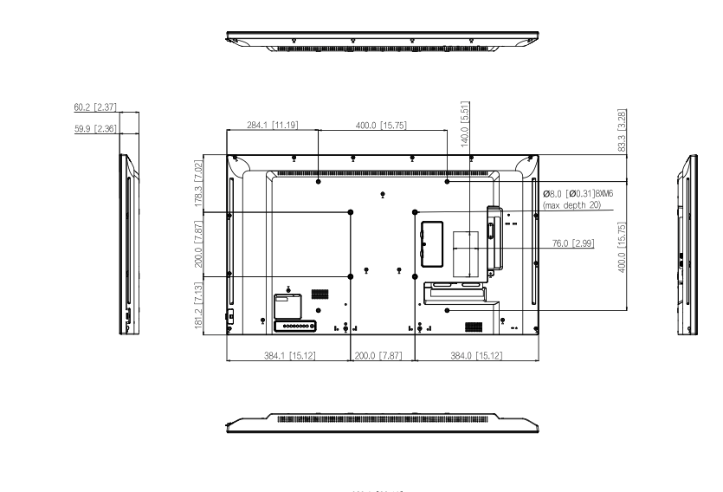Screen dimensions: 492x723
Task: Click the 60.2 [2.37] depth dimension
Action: (94, 108)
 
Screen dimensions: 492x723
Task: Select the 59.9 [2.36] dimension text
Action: (94, 128)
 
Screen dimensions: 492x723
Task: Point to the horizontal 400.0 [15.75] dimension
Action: (381, 126)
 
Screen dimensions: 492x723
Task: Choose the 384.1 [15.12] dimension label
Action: (287, 355)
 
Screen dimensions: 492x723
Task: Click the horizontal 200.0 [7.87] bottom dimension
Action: (383, 355)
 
